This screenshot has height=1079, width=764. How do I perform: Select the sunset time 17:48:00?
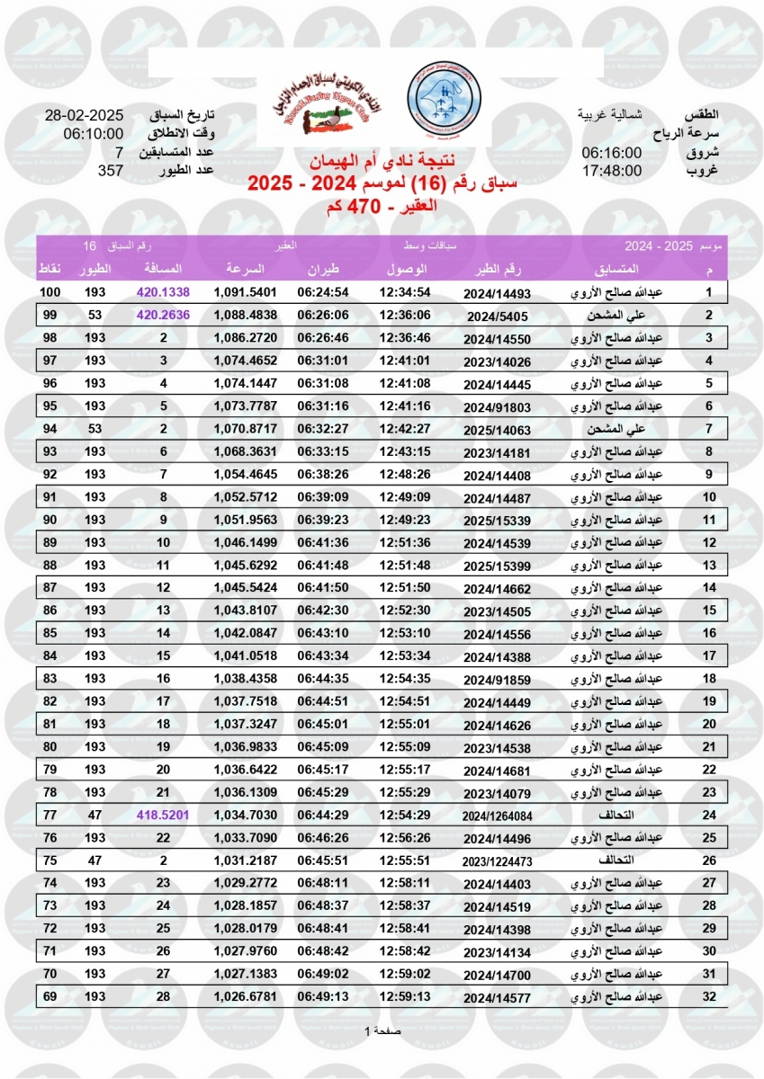tap(611, 170)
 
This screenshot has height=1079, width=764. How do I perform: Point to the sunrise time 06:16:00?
tap(611, 153)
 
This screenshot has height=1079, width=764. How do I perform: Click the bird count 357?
tap(110, 170)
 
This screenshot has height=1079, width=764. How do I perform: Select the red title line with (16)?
tap(382, 185)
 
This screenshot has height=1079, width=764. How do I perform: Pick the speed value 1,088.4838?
tap(245, 316)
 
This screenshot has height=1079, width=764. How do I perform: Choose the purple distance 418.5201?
tap(163, 815)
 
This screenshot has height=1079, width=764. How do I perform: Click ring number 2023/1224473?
tap(499, 861)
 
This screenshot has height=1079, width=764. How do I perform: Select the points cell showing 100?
tap(49, 293)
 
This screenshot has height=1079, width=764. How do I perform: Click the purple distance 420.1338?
tap(163, 293)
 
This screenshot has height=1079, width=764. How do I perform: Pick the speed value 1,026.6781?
tap(245, 996)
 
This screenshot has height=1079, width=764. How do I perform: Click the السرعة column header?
tap(245, 269)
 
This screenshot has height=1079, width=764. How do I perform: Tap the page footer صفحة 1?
tap(382, 1030)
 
